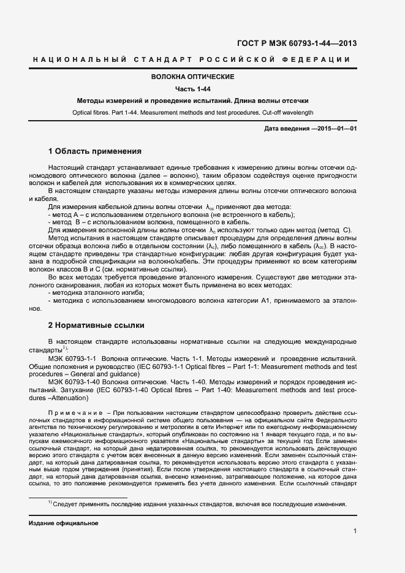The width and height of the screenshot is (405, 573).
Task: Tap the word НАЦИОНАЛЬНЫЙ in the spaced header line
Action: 78,59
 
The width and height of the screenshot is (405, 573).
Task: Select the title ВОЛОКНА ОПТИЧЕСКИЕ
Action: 192,77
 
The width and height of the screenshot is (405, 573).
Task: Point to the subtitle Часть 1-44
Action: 192,89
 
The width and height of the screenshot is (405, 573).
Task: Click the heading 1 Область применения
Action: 94,151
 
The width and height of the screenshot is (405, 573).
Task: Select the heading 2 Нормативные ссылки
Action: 96,325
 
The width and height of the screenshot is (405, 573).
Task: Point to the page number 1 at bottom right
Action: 355,531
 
